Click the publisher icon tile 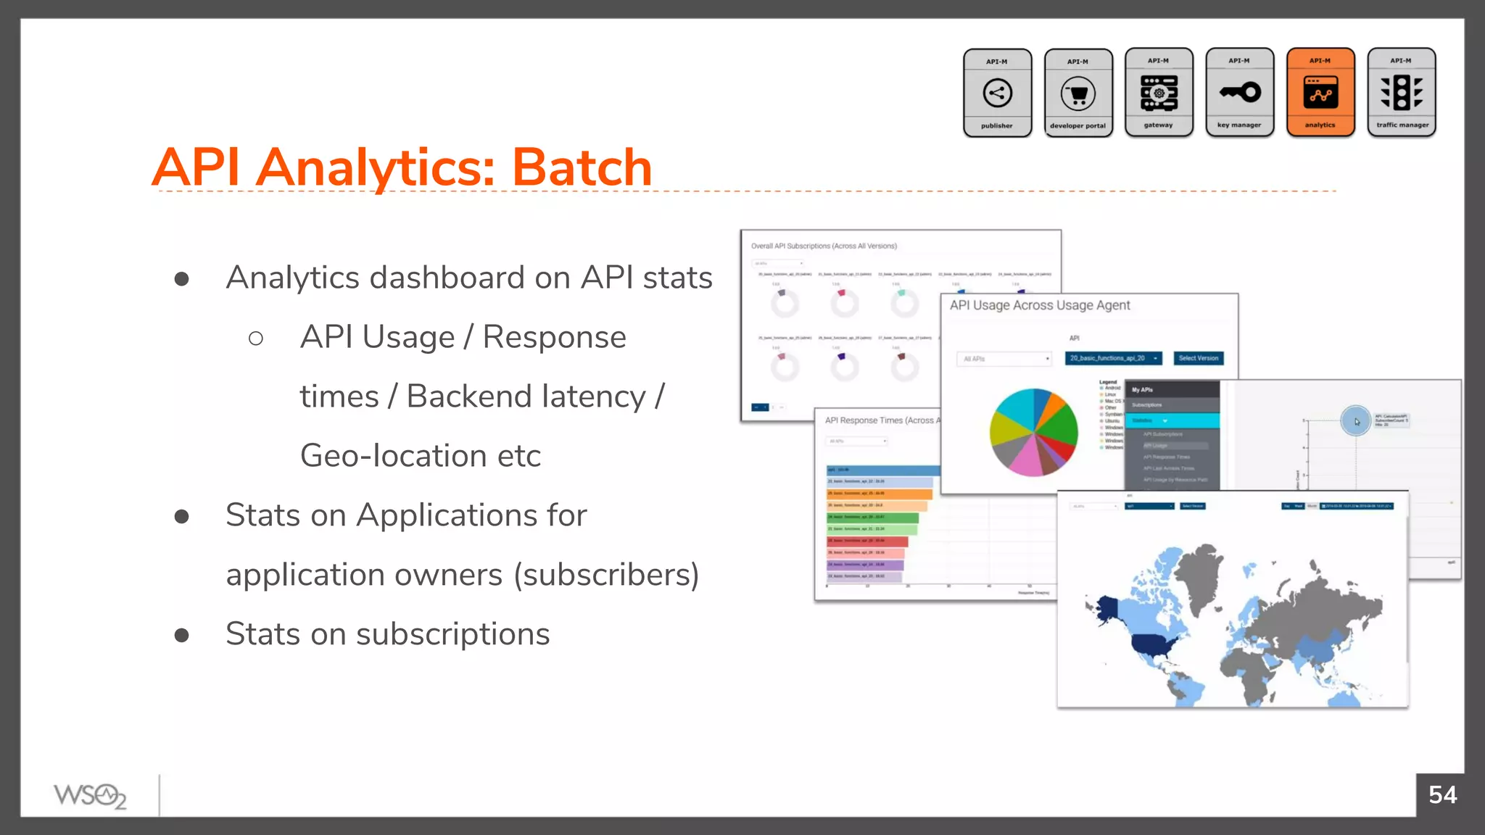997,93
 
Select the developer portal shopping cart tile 1078,93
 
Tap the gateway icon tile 1159,93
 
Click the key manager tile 1239,93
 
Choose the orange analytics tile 1320,93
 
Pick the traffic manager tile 1402,93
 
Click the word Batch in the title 582,168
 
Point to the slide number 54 1442,795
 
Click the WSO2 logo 90,796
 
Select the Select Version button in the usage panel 1198,358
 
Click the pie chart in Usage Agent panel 1033,433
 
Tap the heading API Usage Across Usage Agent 1039,306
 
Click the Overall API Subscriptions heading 824,246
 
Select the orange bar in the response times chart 879,494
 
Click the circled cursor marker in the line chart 1355,420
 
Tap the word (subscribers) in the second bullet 606,575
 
